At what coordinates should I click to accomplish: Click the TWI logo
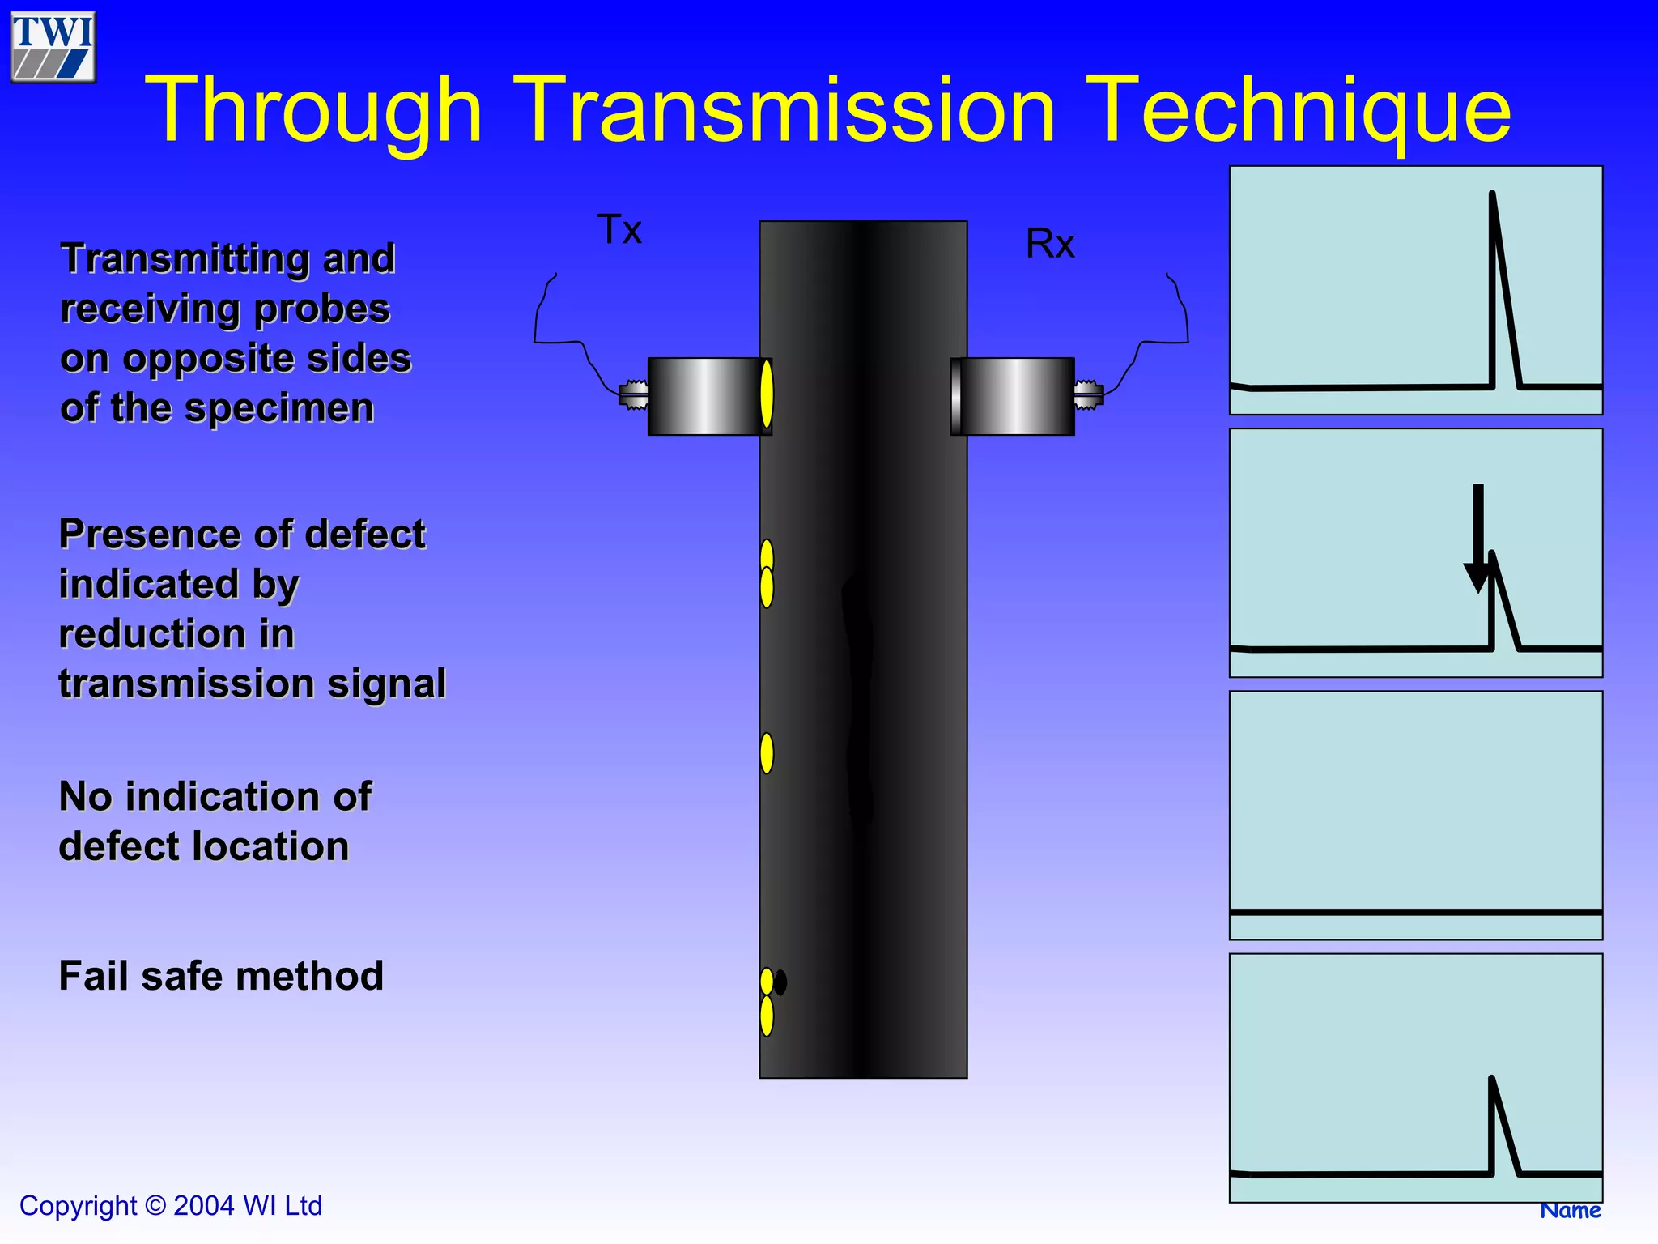tap(53, 47)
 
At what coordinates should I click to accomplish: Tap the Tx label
tap(619, 230)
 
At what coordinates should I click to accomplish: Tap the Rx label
tap(1050, 244)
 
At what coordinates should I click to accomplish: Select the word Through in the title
tap(314, 110)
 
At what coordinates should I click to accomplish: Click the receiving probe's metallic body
tap(1016, 396)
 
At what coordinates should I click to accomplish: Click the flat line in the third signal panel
tap(1415, 913)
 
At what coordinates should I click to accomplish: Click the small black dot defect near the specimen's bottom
tap(780, 982)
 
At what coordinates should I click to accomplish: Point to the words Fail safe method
tap(221, 976)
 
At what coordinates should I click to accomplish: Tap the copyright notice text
tap(171, 1206)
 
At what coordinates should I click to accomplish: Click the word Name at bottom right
tap(1570, 1210)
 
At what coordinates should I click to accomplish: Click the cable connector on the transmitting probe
tap(634, 395)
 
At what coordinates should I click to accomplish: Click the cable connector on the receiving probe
tap(1088, 395)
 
